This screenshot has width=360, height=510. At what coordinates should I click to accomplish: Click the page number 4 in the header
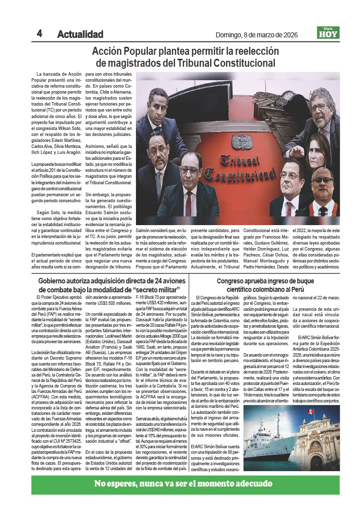(39, 33)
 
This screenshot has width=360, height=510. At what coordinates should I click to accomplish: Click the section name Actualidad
(80, 34)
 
